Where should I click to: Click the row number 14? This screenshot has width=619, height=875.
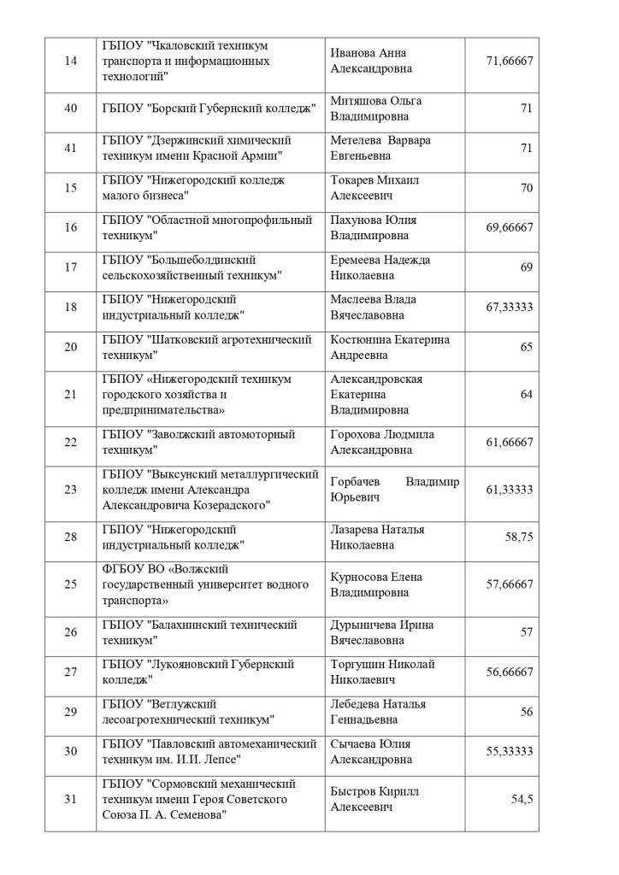click(71, 60)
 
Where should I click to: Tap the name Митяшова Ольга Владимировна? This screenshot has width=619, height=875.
click(375, 108)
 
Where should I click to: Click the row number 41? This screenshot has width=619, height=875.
click(71, 147)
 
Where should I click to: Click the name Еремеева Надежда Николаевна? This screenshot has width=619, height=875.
click(380, 267)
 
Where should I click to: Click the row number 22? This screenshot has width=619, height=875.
click(71, 442)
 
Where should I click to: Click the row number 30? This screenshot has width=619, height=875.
click(71, 751)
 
